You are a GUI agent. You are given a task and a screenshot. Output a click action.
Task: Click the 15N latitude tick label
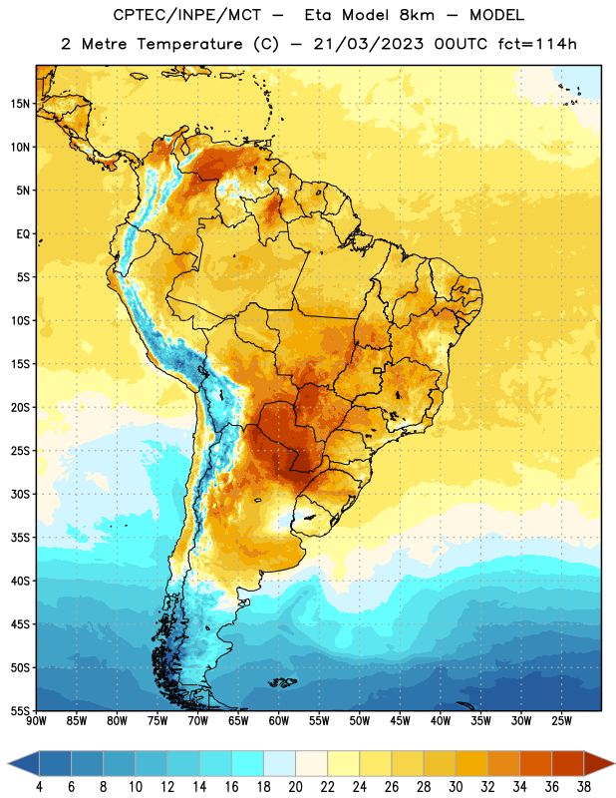click(x=19, y=104)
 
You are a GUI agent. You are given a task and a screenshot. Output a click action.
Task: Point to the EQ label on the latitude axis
click(x=23, y=234)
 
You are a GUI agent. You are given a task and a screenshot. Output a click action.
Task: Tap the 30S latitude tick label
click(x=19, y=494)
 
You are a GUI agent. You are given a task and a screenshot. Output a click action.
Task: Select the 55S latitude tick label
click(x=19, y=710)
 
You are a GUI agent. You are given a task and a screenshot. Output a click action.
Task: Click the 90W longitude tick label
click(x=36, y=721)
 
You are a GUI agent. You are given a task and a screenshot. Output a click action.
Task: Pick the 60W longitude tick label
click(x=279, y=721)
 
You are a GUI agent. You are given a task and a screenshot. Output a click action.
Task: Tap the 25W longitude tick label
click(x=561, y=721)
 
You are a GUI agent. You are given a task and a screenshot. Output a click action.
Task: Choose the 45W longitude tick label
click(x=400, y=721)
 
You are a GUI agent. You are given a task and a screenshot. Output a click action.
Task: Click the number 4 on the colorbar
click(x=39, y=787)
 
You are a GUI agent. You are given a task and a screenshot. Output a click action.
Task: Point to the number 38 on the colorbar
click(x=584, y=787)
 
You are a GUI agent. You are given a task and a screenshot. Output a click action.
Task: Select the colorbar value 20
click(x=295, y=787)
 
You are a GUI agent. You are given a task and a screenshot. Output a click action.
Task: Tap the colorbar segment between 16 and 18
click(x=248, y=763)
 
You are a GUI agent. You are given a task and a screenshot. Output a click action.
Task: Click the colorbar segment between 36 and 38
click(x=568, y=763)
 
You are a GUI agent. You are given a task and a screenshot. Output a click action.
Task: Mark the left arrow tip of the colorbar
click(x=8, y=763)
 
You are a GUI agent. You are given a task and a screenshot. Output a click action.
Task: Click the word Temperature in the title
click(x=189, y=44)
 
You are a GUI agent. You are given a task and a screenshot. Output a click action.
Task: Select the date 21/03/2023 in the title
click(x=368, y=44)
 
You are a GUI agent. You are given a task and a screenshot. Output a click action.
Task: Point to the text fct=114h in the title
click(x=537, y=44)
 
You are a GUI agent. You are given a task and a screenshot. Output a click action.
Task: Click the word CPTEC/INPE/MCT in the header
click(x=187, y=15)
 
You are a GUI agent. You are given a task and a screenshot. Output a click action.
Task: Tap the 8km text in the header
click(x=417, y=15)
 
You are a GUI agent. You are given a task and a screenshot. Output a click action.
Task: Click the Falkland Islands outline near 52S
click(x=282, y=682)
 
